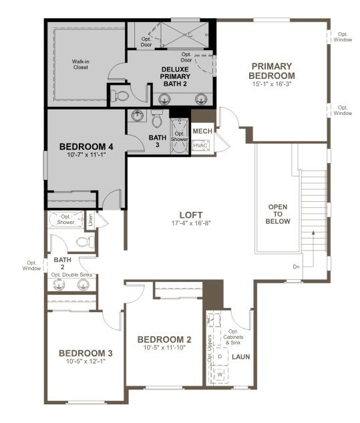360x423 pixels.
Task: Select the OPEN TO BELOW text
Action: pyautogui.click(x=278, y=214)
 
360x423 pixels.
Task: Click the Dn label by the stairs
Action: pyautogui.click(x=296, y=267)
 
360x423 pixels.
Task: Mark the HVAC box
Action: pyautogui.click(x=201, y=145)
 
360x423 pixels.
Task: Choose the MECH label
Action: pyautogui.click(x=202, y=131)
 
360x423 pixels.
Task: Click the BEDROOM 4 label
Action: pyautogui.click(x=87, y=146)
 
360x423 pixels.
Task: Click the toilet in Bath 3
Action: pyautogui.click(x=157, y=119)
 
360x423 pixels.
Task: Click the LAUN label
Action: pyautogui.click(x=240, y=358)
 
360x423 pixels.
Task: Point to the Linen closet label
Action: pyautogui.click(x=89, y=219)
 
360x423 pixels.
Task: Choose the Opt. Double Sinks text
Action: pyautogui.click(x=70, y=275)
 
